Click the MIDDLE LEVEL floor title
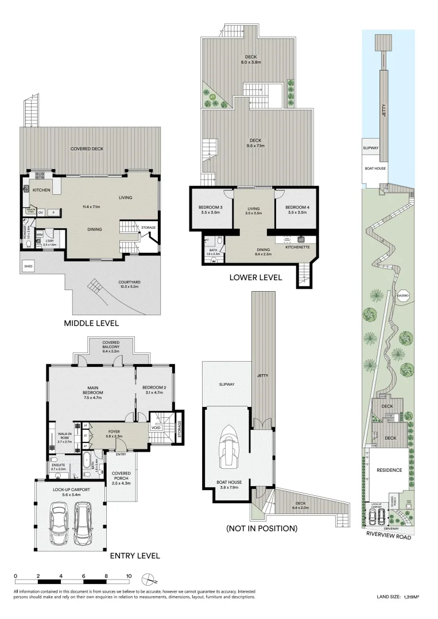(x=95, y=323)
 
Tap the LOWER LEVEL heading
(x=255, y=277)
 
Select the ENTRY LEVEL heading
(x=135, y=555)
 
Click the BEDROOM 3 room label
(x=211, y=209)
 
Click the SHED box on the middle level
(x=28, y=267)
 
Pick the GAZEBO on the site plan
(x=402, y=294)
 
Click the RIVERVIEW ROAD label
(x=389, y=537)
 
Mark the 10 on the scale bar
(x=129, y=576)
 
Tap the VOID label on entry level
(x=156, y=428)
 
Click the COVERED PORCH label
(x=122, y=476)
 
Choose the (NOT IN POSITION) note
(x=262, y=528)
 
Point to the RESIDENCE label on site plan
(x=389, y=470)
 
